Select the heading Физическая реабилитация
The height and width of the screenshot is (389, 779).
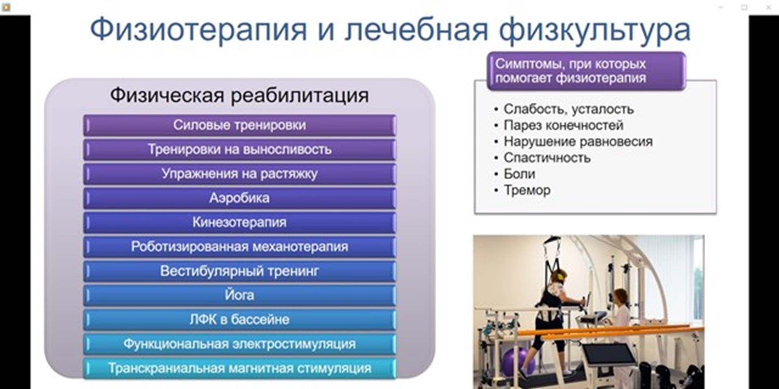coord(239,96)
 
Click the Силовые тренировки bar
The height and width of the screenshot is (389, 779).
coord(239,125)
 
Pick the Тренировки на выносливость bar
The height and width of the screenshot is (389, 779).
coord(239,150)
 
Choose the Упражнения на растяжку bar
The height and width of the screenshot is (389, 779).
coord(239,174)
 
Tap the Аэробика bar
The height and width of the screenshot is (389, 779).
coord(239,198)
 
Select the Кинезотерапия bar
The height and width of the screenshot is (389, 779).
coord(239,222)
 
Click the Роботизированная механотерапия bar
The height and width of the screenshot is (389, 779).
coord(239,247)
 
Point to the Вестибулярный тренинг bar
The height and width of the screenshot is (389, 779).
coord(239,271)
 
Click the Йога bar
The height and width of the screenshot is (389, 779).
coord(239,295)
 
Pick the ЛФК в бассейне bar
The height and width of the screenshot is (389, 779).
coord(239,320)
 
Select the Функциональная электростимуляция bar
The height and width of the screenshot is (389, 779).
coord(239,344)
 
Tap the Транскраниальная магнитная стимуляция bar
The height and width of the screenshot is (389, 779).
coord(239,368)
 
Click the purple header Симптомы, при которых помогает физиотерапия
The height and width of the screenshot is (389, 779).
coord(586,71)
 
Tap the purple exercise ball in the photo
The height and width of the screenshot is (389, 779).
coord(514,361)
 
